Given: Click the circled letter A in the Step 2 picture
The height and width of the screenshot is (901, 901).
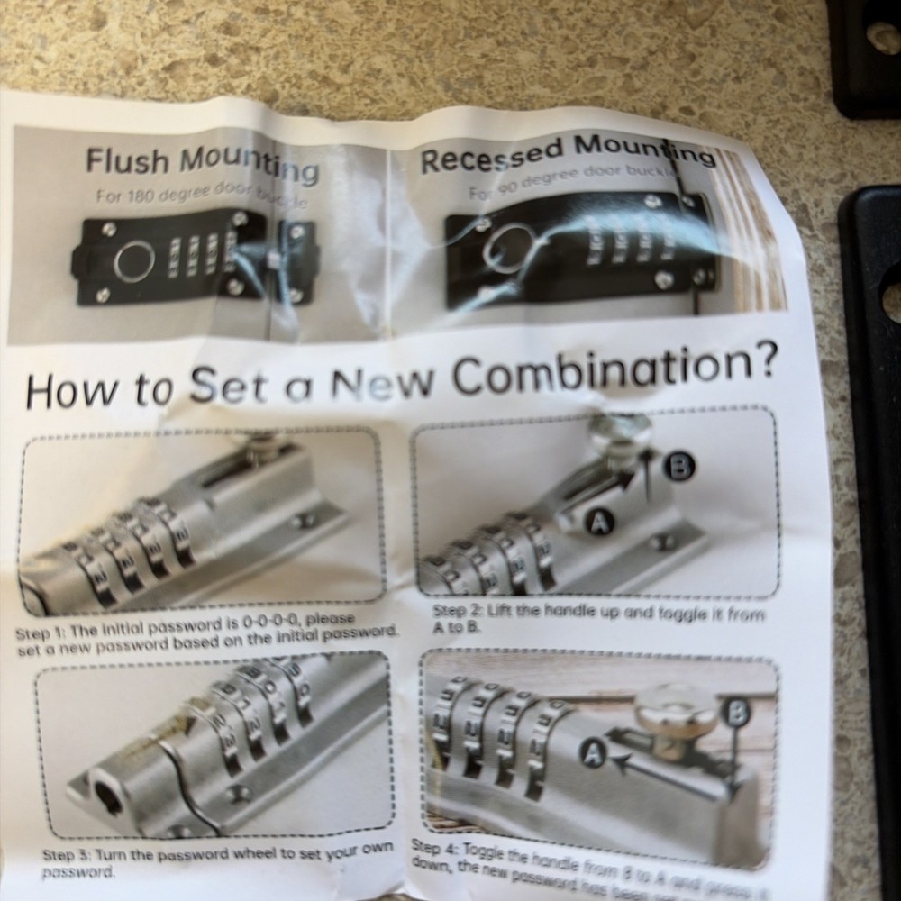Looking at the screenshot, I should tap(600, 521).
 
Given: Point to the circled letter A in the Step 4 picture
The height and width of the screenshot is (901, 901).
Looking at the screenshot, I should tap(591, 755).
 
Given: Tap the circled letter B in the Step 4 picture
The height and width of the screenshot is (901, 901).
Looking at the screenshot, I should tap(736, 714).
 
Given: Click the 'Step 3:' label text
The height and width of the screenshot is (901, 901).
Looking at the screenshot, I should tap(68, 854).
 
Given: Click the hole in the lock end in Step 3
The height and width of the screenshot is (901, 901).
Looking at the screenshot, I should tap(107, 798).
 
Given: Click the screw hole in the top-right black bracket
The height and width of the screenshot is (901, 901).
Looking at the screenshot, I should tap(883, 36).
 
